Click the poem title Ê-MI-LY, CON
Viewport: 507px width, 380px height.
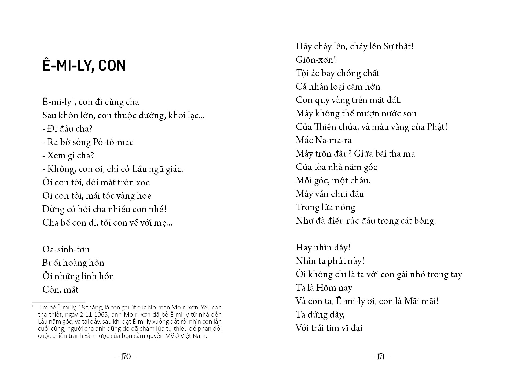84,66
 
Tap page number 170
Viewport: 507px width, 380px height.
126,356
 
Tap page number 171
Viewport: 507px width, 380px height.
381,356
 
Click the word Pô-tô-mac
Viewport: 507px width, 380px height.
113,142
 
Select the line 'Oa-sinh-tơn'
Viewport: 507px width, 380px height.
66,249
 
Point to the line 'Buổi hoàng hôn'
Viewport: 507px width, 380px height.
73,263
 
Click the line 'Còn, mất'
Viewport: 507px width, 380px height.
60,290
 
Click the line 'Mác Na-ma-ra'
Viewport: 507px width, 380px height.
324,140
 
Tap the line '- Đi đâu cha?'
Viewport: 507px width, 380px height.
67,129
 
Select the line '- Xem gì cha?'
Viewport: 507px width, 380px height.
68,156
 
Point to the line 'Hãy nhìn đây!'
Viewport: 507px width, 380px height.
323,247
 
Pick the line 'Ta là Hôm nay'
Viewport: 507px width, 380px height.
324,288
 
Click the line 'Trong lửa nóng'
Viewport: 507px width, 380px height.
325,207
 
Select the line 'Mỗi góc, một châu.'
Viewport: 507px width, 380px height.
333,180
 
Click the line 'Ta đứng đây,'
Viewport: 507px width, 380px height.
320,315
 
